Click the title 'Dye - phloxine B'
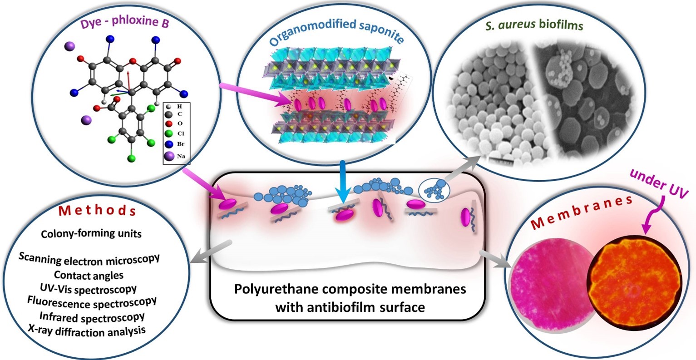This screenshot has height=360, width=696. point(124,22)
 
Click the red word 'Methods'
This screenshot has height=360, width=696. point(97,210)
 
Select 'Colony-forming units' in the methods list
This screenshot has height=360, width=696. point(91,233)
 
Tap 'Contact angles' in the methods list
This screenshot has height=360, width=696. point(89,275)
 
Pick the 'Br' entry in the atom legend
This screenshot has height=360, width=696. point(181,144)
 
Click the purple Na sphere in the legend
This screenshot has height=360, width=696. point(169,156)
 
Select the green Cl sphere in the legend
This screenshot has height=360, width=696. point(169,133)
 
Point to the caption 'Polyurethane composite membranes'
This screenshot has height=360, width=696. point(350,289)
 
